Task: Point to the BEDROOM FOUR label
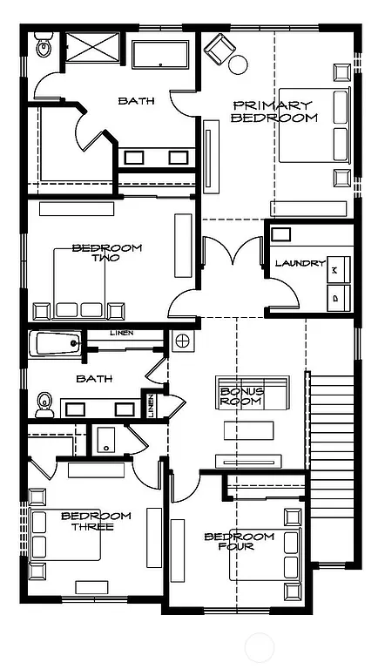point(240,541)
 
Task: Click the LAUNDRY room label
point(300,263)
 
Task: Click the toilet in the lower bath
point(45,403)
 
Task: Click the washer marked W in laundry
point(337,271)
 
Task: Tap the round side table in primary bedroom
point(238,64)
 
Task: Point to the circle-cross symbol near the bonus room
point(182,341)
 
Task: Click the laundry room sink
point(282,233)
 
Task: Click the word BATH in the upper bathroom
point(137,101)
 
